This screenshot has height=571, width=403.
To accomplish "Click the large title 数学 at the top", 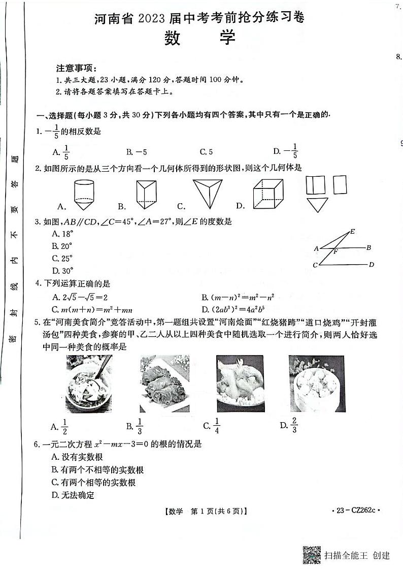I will tap(200, 38).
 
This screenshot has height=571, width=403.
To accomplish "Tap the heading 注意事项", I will tap(76, 68).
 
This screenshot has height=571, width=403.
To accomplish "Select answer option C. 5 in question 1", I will tap(206, 151).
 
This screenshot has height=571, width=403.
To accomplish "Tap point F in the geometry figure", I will tap(335, 251).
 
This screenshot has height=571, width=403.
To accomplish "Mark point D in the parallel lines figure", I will tap(372, 264).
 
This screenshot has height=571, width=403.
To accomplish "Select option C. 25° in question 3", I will tap(62, 258).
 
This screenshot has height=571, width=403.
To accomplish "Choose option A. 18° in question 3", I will tap(62, 234).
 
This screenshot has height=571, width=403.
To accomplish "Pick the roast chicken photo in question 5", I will tap(240, 383).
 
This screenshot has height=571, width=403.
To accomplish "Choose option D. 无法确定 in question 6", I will tap(73, 495).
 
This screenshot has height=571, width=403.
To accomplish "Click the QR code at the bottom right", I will tap(312, 554).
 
